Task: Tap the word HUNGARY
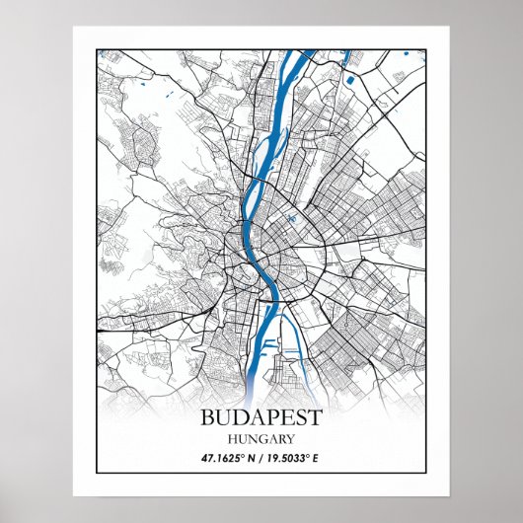(261, 438)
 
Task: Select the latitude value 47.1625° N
(222, 459)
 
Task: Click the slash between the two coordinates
(262, 459)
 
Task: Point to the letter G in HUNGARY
(259, 438)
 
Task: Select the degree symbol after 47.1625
(242, 456)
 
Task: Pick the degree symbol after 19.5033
(324, 456)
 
